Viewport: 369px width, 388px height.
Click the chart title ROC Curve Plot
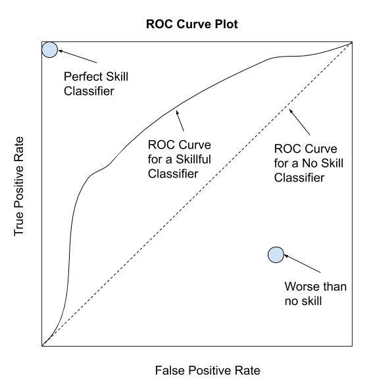tap(192, 24)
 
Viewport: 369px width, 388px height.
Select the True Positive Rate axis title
tap(19, 186)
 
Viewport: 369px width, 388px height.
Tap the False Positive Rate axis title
tap(207, 371)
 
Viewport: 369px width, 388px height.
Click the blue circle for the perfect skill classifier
tap(50, 50)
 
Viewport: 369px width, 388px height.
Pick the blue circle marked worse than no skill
tap(276, 255)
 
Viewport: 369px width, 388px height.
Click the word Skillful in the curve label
tap(193, 159)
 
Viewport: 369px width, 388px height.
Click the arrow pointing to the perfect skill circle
tap(78, 57)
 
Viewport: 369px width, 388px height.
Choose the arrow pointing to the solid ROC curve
tap(180, 120)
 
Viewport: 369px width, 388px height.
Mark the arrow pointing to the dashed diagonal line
tap(299, 122)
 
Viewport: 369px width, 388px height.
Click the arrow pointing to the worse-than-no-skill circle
tap(302, 264)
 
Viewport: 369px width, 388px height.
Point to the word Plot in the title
tap(226, 24)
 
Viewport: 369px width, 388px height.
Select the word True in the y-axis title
tap(19, 224)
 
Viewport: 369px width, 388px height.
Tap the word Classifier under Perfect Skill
tap(89, 91)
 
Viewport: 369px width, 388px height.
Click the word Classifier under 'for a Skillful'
tap(173, 174)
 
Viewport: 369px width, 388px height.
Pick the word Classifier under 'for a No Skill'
tap(299, 178)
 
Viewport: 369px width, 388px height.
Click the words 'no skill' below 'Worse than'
tap(303, 301)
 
